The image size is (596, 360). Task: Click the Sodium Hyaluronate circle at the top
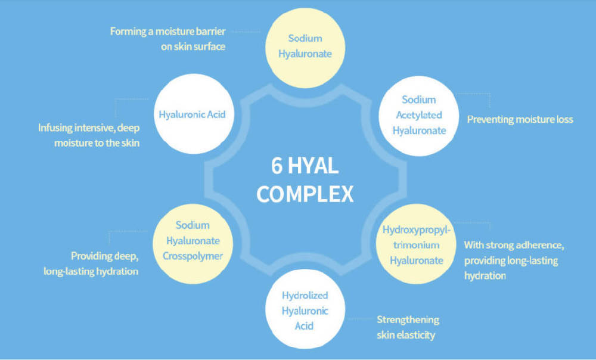pos(305,48)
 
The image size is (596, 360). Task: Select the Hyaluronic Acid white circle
pos(194,114)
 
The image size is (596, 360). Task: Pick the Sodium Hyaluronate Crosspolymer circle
pos(193,244)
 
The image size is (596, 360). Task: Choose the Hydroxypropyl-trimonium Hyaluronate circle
pos(416,244)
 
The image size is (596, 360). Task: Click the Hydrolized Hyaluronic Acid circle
pos(305,309)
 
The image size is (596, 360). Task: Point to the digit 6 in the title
pos(277,166)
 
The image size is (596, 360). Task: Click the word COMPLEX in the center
pos(305,194)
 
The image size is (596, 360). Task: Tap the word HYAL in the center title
pos(313,166)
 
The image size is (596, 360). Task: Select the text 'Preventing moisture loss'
pos(520,119)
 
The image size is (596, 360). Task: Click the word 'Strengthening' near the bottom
pos(408,319)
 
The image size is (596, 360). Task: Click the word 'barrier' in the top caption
pos(210,31)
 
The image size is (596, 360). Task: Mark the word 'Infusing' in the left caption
pos(55,128)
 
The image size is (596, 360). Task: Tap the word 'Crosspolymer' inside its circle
pos(193,256)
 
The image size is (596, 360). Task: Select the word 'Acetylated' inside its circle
pos(419,115)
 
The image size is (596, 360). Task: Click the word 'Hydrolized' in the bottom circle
pos(305,296)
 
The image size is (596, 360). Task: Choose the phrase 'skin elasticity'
pos(406,335)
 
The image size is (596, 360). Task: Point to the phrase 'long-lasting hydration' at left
pos(91,271)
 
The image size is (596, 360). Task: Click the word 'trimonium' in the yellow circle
pos(416,245)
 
